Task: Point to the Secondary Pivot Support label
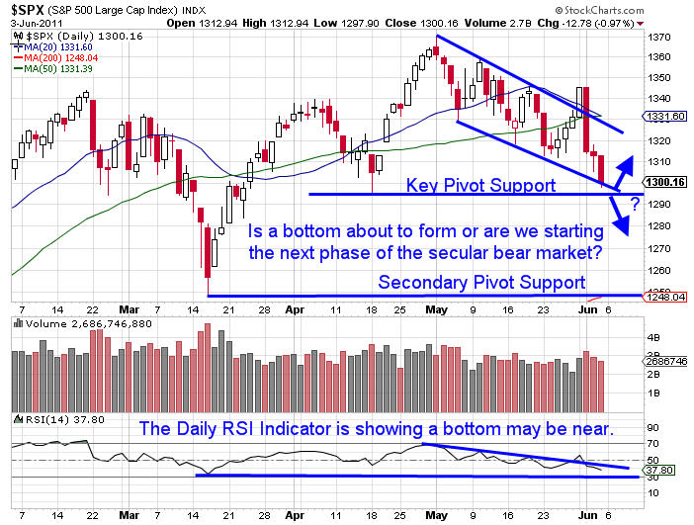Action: click(x=481, y=282)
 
